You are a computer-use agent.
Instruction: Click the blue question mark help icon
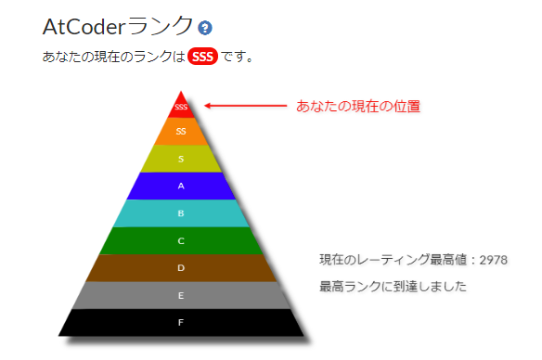click(x=205, y=28)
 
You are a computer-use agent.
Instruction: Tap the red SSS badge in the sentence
click(x=202, y=58)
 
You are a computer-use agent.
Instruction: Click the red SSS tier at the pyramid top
click(x=181, y=106)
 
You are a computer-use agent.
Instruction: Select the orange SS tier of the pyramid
click(x=181, y=131)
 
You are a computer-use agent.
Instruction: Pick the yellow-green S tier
click(x=181, y=159)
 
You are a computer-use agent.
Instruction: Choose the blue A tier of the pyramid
click(x=181, y=186)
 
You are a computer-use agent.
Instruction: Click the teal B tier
click(x=181, y=213)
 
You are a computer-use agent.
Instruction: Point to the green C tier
click(x=181, y=240)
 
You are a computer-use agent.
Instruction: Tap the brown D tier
click(x=181, y=268)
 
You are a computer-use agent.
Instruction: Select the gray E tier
click(x=181, y=295)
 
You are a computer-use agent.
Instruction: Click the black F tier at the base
click(x=181, y=323)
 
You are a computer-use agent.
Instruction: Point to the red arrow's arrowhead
click(x=207, y=106)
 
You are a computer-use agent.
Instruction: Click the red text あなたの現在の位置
click(x=358, y=106)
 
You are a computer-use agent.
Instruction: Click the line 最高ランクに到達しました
click(x=393, y=286)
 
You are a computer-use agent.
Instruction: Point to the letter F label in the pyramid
click(x=181, y=323)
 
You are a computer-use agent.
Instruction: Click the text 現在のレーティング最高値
click(x=394, y=260)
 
